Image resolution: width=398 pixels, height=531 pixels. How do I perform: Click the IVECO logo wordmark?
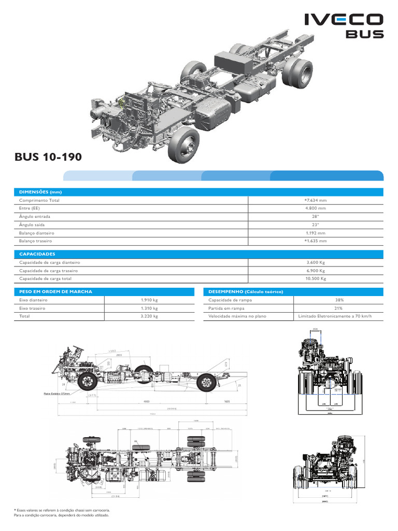point(344,20)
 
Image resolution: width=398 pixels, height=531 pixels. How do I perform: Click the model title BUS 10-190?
point(48,157)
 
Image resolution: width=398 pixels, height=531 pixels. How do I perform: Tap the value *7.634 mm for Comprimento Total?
point(316,200)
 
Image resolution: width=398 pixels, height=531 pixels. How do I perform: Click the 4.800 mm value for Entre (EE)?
point(316,208)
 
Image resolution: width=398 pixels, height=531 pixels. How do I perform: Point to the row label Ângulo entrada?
point(35,217)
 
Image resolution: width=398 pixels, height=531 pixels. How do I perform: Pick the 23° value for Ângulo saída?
point(316,225)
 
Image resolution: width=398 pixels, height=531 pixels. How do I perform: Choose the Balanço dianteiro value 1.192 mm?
point(316,233)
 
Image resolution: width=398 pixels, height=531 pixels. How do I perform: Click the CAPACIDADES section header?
point(37,254)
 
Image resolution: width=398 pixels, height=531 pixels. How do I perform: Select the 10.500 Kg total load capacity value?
point(316,278)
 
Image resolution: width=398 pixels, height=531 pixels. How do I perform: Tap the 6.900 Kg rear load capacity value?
point(316,271)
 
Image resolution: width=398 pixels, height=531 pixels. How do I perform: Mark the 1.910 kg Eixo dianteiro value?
point(149,300)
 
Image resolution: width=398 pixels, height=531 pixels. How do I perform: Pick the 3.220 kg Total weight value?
point(149,316)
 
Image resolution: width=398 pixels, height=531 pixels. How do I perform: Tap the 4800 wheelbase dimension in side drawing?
point(146,401)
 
